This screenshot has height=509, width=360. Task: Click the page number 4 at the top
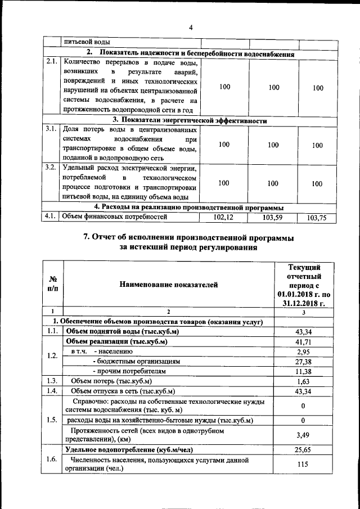[191, 28]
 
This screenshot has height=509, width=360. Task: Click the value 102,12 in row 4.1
[224, 217]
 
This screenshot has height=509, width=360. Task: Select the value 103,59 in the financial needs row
[273, 217]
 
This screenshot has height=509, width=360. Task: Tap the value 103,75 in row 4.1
[318, 217]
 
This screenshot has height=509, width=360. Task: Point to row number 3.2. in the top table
[52, 168]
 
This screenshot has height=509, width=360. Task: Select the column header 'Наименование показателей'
[168, 285]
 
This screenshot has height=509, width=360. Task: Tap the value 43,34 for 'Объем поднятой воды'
[303, 332]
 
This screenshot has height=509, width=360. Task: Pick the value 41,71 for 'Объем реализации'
[303, 341]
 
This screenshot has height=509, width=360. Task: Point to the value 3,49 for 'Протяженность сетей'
[303, 435]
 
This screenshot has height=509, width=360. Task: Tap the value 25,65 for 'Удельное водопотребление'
[303, 451]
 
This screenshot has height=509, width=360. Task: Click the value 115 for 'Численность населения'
[303, 465]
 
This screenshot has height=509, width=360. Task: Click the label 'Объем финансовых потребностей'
[115, 217]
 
